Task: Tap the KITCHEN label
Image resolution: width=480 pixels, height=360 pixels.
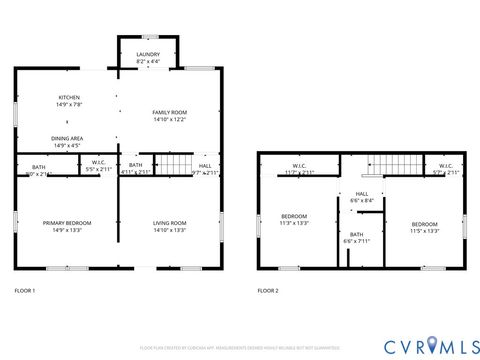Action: click(x=68, y=97)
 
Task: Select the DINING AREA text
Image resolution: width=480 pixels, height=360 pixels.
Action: click(x=68, y=139)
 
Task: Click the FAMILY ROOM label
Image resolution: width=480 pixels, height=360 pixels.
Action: click(x=169, y=112)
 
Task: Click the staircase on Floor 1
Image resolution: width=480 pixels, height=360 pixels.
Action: click(x=176, y=164)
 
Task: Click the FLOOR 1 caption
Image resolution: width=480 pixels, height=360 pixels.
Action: click(x=25, y=290)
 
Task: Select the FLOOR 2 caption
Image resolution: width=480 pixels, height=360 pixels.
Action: click(x=268, y=290)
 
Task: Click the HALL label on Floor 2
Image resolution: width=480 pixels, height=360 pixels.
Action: click(x=362, y=194)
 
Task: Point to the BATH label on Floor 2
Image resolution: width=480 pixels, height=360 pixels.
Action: click(x=357, y=234)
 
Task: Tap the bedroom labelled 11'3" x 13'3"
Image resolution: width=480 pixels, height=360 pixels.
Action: click(x=294, y=218)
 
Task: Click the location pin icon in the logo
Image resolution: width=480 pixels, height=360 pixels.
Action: click(x=433, y=345)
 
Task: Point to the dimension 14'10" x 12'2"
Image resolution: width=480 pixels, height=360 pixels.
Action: click(x=169, y=119)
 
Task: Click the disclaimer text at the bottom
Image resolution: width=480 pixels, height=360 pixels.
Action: click(x=239, y=348)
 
